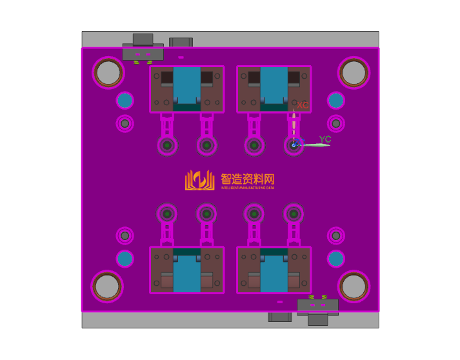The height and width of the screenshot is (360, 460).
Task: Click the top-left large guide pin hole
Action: [x=108, y=73]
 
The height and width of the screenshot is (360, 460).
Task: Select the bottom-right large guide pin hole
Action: [x=354, y=286]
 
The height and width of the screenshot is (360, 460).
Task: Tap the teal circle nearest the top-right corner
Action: [x=335, y=100]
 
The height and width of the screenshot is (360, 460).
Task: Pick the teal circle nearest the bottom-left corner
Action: [x=125, y=259]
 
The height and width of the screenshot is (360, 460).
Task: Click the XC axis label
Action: [x=303, y=105]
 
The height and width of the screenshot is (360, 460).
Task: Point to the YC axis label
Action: [x=325, y=139]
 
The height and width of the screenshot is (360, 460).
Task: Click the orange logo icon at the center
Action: [x=199, y=180]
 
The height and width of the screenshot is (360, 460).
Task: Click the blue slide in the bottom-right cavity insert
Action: [x=274, y=272]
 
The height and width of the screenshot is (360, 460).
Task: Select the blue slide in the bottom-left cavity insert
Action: [x=187, y=272]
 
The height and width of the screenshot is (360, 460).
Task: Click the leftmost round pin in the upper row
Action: [x=168, y=145]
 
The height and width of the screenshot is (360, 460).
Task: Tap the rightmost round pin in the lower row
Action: [x=294, y=213]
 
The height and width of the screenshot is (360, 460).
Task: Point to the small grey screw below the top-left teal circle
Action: [x=125, y=123]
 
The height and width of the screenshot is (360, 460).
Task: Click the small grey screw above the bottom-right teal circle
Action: [x=335, y=236]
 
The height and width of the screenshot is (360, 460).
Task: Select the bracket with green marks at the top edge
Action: [x=143, y=54]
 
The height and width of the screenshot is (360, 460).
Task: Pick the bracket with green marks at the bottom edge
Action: [x=317, y=305]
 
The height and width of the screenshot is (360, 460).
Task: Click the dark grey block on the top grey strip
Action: [x=181, y=42]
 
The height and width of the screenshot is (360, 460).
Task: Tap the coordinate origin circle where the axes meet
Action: [x=294, y=145]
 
